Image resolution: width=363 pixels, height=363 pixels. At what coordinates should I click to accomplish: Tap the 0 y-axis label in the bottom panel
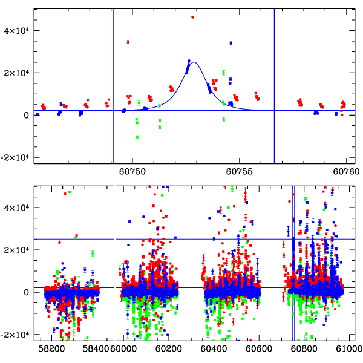27,292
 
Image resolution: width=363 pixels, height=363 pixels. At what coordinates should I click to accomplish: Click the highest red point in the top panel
192,18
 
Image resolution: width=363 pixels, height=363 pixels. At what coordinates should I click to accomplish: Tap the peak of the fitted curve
195,62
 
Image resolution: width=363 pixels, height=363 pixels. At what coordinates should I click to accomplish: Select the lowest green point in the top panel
138,137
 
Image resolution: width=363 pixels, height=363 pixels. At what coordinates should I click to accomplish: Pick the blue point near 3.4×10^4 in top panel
231,43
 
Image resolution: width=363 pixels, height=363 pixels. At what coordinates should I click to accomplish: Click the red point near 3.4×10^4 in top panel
128,42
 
